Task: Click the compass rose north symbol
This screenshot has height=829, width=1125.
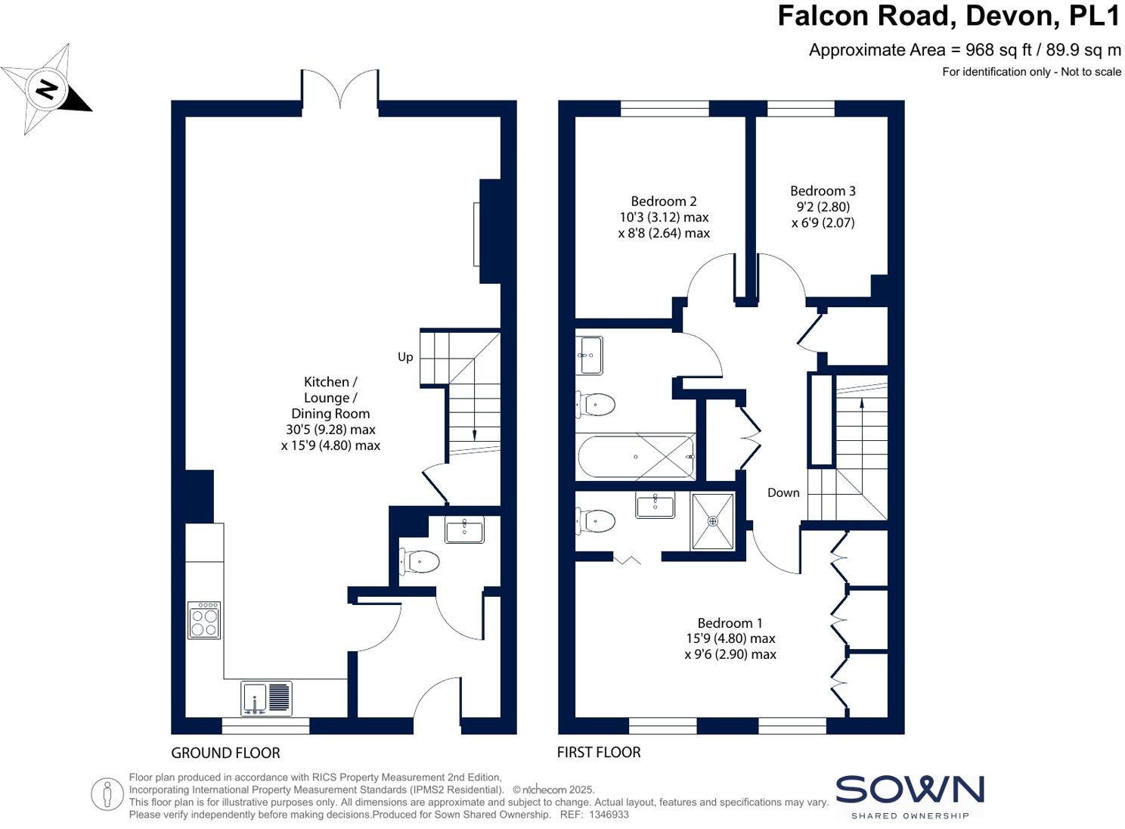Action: pyautogui.click(x=46, y=89)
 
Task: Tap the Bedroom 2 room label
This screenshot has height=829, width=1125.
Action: pyautogui.click(x=664, y=201)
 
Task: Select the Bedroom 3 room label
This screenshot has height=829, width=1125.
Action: pyautogui.click(x=823, y=191)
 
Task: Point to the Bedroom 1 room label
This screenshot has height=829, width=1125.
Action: pyautogui.click(x=730, y=623)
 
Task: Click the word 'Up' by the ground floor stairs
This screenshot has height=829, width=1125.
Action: pyautogui.click(x=405, y=357)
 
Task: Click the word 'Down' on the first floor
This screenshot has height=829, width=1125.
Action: pyautogui.click(x=783, y=492)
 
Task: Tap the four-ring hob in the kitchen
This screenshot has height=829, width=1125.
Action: pyautogui.click(x=204, y=620)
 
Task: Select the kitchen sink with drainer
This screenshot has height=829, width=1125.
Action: pyautogui.click(x=266, y=699)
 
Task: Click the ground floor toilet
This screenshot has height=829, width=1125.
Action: pyautogui.click(x=420, y=561)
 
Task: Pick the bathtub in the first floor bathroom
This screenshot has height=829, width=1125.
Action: pyautogui.click(x=636, y=457)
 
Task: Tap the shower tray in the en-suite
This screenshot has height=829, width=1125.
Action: pyautogui.click(x=712, y=521)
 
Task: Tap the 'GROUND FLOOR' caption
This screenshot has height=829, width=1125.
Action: pyautogui.click(x=225, y=753)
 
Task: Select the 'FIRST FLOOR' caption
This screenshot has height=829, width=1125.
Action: pyautogui.click(x=599, y=752)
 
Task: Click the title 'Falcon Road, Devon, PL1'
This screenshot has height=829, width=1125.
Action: pyautogui.click(x=948, y=16)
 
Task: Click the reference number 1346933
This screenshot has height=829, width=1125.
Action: pyautogui.click(x=609, y=815)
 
